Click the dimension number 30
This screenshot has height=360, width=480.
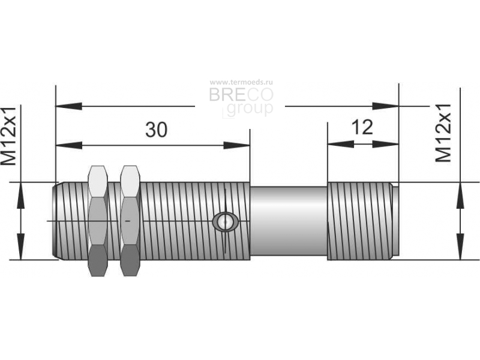pyautogui.click(x=156, y=129)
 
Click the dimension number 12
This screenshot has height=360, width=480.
pyautogui.click(x=362, y=127)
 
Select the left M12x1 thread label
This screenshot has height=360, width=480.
pyautogui.click(x=8, y=136)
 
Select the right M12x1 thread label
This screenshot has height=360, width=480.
pyautogui.click(x=443, y=133)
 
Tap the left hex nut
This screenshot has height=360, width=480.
pyautogui.click(x=98, y=221)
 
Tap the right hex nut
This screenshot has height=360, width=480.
pyautogui.click(x=130, y=221)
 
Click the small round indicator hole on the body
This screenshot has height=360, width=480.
pyautogui.click(x=226, y=221)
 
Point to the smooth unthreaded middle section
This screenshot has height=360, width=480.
pyautogui.click(x=289, y=221)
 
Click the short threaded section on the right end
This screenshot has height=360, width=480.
pyautogui.click(x=363, y=221)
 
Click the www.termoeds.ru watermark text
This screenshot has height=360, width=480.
pyautogui.click(x=241, y=82)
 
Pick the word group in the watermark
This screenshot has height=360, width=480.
pyautogui.click(x=250, y=109)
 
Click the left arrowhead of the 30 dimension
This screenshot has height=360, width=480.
pyautogui.click(x=69, y=145)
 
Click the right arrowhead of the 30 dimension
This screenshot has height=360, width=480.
pyautogui.click(x=236, y=145)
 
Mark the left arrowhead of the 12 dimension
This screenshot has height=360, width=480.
pyautogui.click(x=341, y=144)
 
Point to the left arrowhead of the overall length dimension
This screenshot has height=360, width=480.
pyautogui.click(x=69, y=106)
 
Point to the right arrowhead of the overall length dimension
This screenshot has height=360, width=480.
pyautogui.click(x=385, y=106)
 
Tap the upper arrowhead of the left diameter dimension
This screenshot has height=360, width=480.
pyautogui.click(x=20, y=196)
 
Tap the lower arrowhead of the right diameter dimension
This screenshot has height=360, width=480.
pyautogui.click(x=460, y=247)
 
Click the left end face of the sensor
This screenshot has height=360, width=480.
pyautogui.click(x=55, y=221)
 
